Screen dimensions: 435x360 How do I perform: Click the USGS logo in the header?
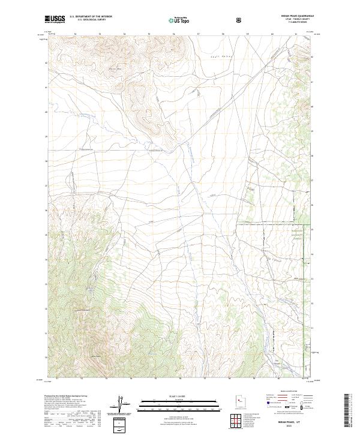(x=55, y=19)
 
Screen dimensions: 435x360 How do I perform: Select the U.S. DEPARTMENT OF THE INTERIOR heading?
(x=91, y=17)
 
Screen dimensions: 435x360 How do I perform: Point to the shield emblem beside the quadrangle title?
(x=240, y=20)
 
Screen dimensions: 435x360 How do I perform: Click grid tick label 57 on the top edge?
(x=198, y=34)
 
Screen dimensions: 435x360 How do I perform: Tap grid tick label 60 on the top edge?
(x=272, y=34)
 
